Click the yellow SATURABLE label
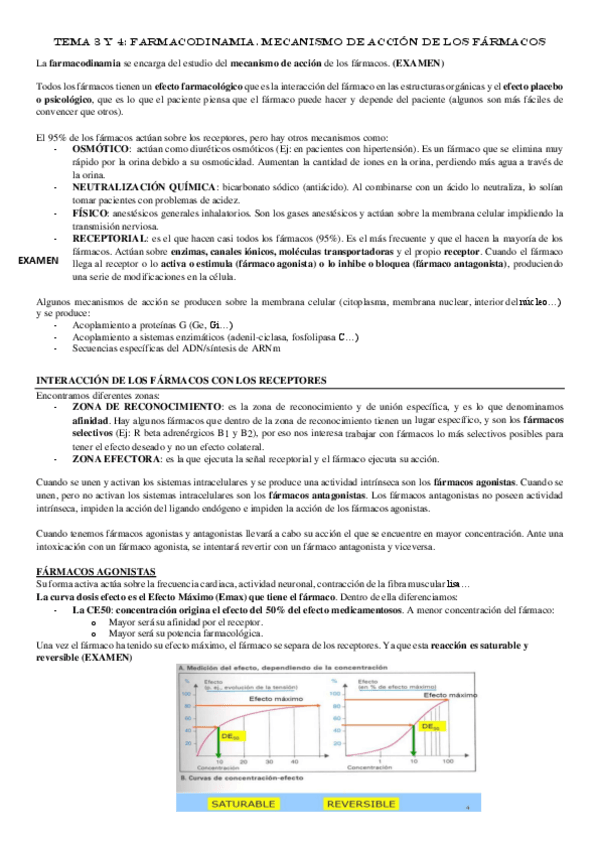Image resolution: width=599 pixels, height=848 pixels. point(234,803)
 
